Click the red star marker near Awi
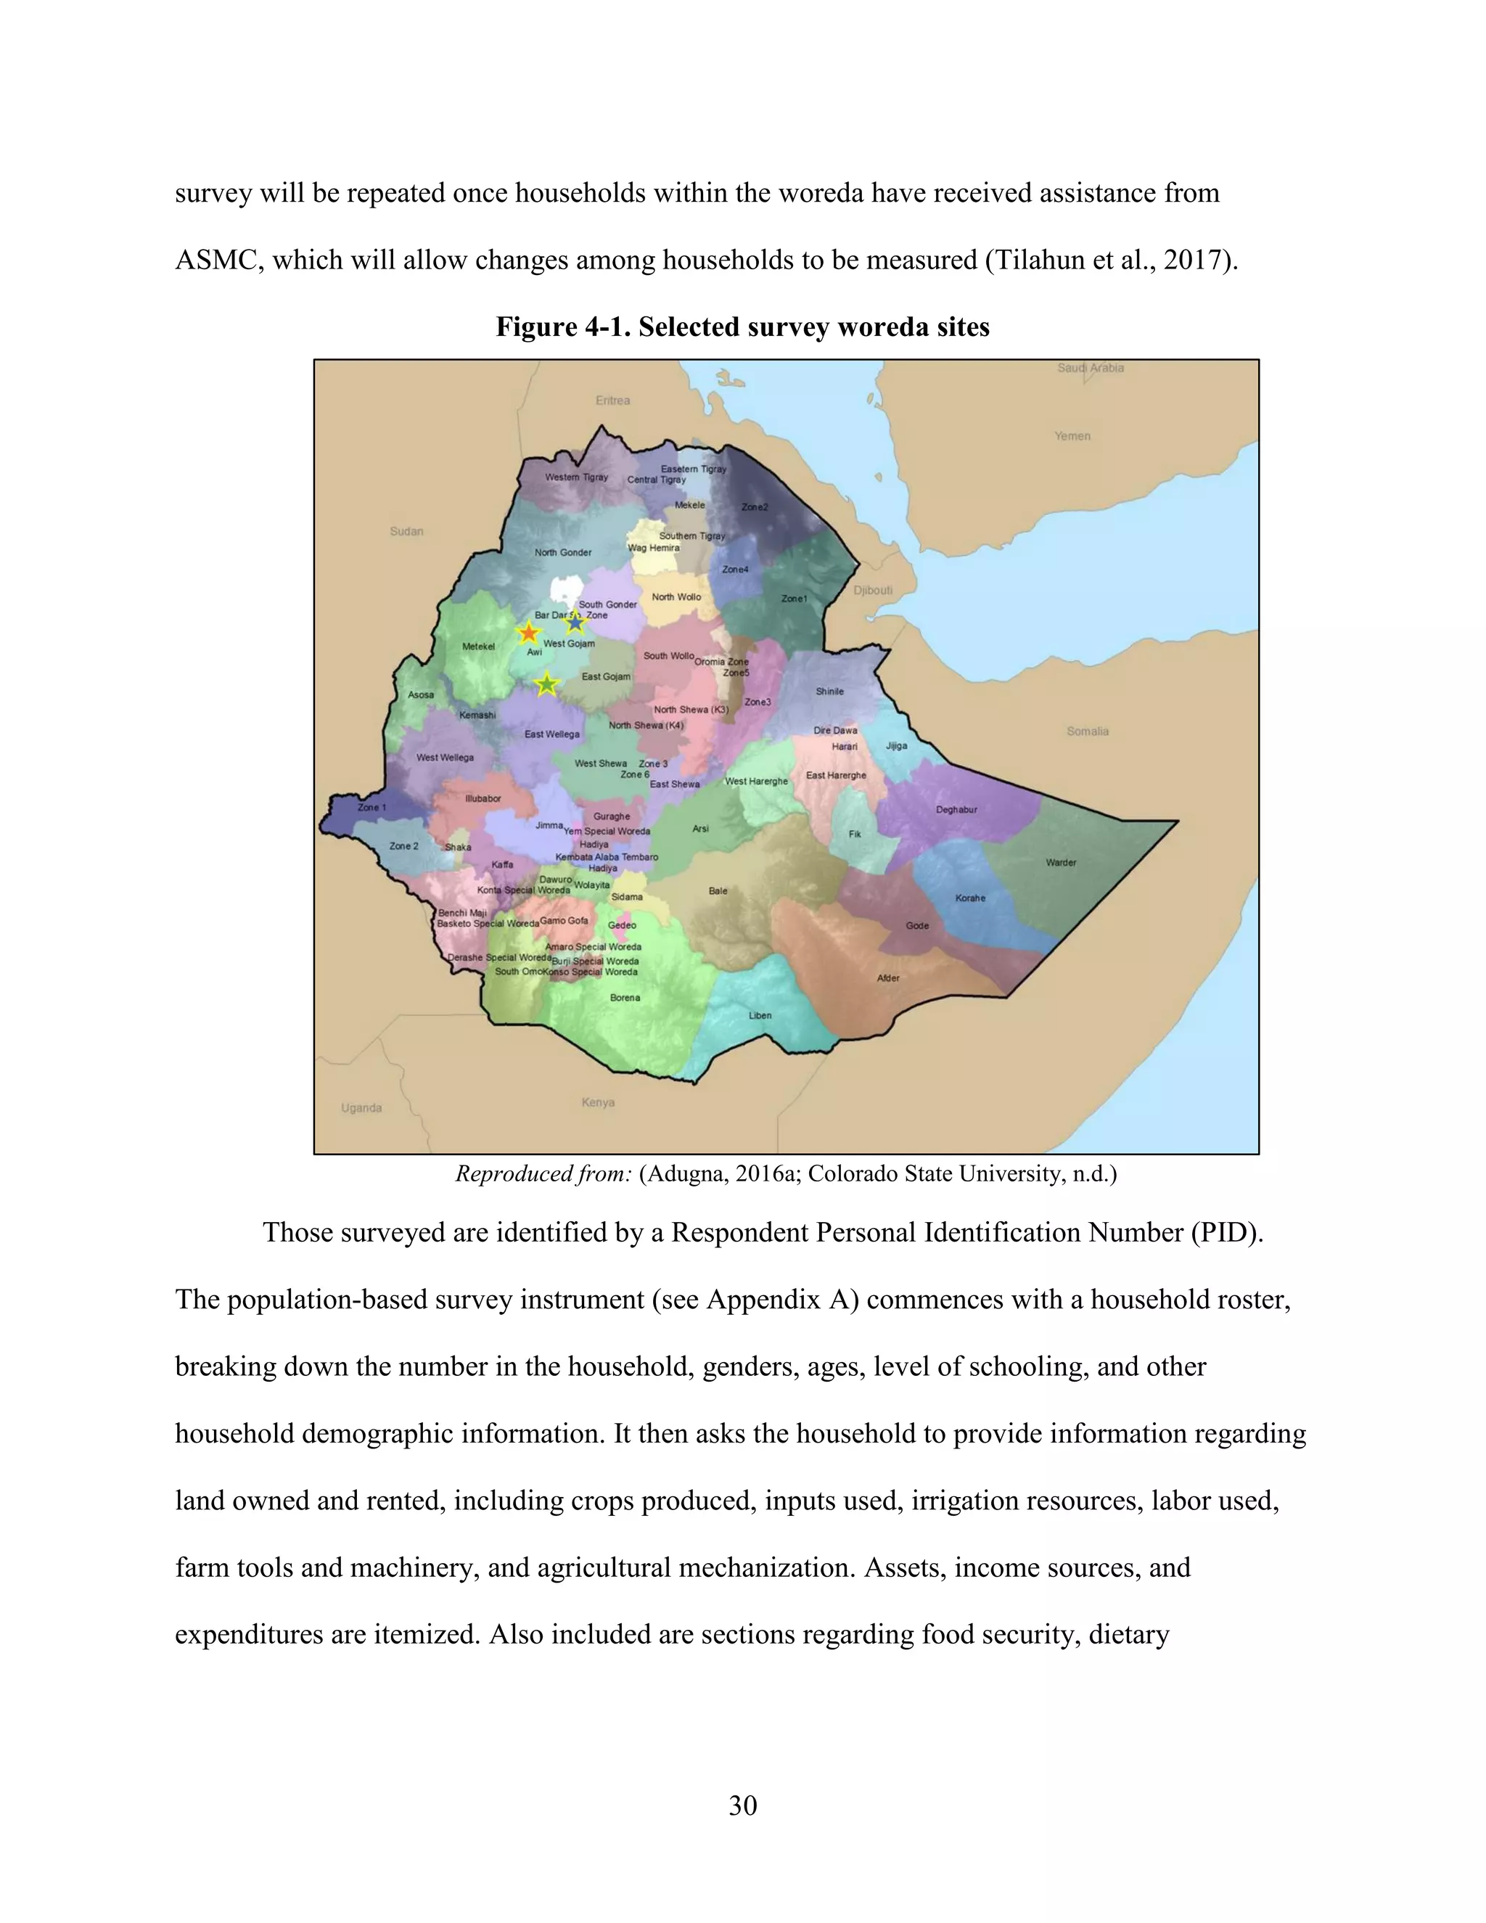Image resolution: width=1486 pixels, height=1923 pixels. [528, 633]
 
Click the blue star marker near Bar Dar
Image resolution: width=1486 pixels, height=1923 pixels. [575, 623]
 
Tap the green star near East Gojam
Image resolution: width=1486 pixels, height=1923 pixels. [546, 684]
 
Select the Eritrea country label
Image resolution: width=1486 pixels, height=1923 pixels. [612, 401]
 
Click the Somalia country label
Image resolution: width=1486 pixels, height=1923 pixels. [1087, 731]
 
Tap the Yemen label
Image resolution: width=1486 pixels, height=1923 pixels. [1072, 436]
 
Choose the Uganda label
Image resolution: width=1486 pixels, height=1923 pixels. [361, 1107]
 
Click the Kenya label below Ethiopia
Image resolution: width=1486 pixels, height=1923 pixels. [598, 1102]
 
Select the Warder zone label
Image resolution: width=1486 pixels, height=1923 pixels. [1061, 862]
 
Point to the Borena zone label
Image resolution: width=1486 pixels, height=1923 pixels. [625, 998]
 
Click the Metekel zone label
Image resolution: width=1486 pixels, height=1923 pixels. [478, 647]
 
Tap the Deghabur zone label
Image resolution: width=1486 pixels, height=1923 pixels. [956, 809]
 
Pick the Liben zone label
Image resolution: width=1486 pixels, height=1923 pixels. [760, 1015]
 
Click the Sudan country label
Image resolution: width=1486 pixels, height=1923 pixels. [407, 531]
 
